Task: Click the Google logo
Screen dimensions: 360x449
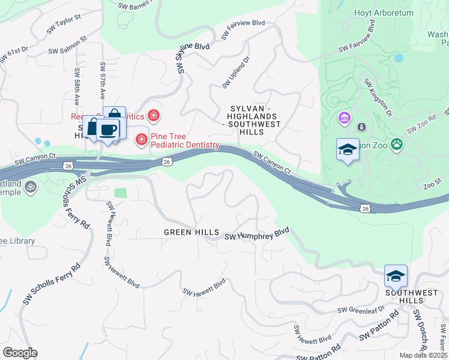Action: (20, 353)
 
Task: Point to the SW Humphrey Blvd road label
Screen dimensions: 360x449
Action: (257, 235)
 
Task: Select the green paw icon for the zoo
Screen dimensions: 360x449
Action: (397, 143)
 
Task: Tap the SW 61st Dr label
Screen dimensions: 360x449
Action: (14, 54)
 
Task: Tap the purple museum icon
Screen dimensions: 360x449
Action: (345, 118)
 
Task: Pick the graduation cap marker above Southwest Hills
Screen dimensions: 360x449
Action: (396, 275)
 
